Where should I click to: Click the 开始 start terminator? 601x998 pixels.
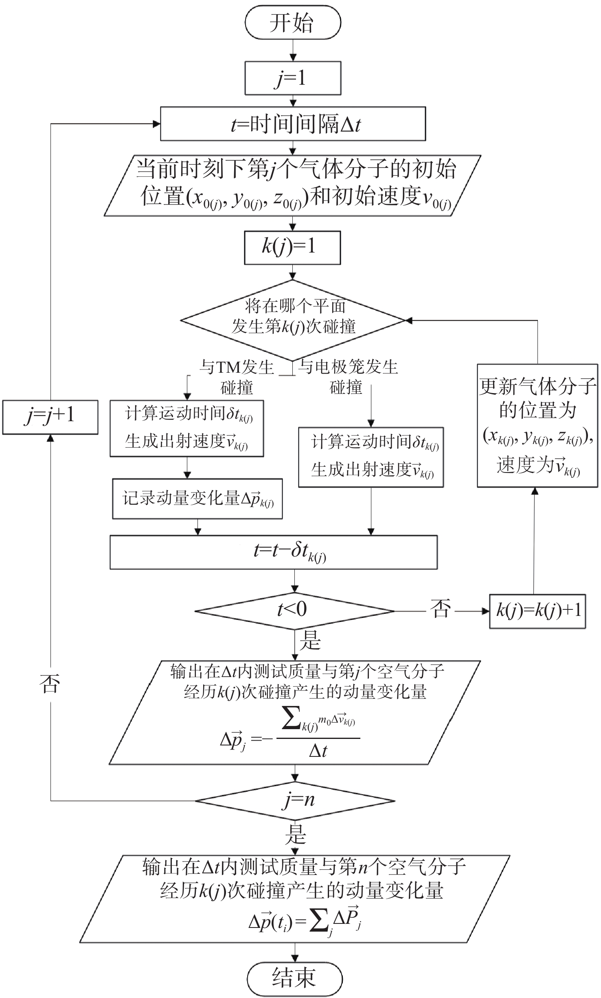[x=293, y=22]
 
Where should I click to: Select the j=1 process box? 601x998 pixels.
[x=293, y=78]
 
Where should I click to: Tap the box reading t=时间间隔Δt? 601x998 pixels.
[x=293, y=124]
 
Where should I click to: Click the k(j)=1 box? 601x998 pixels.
[x=292, y=248]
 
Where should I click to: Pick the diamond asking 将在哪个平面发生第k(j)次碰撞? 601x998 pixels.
[x=293, y=321]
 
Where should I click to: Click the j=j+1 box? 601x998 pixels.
[x=50, y=417]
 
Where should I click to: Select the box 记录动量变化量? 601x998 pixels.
[x=197, y=499]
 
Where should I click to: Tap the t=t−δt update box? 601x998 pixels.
[x=274, y=552]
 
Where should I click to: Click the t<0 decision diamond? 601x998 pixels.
[x=295, y=611]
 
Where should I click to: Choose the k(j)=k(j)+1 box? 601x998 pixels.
[x=537, y=611]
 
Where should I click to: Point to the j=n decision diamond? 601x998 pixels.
[x=295, y=801]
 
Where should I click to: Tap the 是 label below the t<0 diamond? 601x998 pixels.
[x=311, y=640]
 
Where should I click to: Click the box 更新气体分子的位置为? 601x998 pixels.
[x=537, y=426]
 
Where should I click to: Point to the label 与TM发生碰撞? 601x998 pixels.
[x=237, y=377]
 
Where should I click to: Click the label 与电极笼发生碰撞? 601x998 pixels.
[x=347, y=377]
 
